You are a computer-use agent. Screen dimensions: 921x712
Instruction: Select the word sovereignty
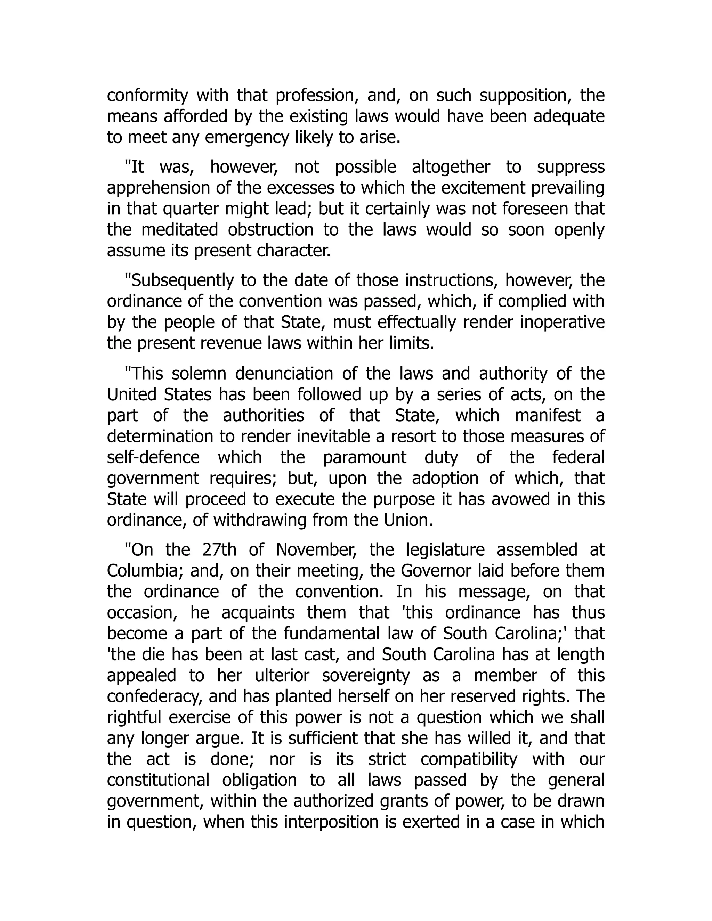coord(366,676)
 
